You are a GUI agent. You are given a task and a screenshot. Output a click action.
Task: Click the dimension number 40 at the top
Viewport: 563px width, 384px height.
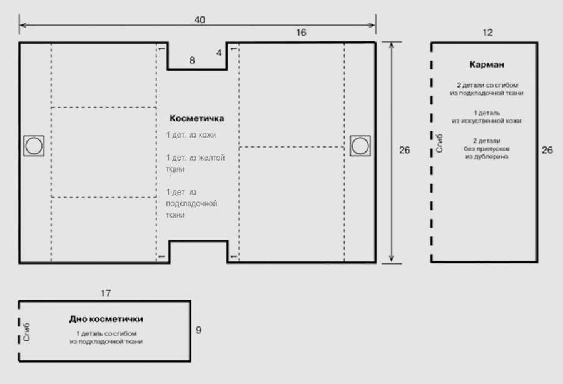(x=200, y=20)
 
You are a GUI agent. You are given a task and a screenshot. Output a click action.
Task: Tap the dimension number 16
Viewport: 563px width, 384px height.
(x=301, y=33)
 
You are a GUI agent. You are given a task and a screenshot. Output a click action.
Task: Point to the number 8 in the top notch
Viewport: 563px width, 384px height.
(x=192, y=60)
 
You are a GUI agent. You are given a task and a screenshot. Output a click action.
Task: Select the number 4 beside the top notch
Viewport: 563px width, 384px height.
(x=219, y=53)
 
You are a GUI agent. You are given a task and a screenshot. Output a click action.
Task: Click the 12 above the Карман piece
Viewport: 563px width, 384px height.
(x=487, y=33)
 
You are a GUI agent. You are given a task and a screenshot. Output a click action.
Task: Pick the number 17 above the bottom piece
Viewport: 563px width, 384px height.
(x=106, y=293)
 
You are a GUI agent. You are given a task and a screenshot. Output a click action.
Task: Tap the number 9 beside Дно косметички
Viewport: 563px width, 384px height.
(x=198, y=330)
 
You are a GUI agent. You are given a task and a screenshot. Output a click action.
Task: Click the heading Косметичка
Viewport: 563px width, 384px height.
(x=197, y=118)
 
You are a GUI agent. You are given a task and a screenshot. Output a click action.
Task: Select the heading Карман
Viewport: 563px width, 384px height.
(x=487, y=64)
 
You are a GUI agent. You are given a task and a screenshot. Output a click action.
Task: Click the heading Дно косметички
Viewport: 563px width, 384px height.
(x=106, y=319)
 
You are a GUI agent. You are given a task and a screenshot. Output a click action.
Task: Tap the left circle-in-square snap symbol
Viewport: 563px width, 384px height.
(x=34, y=146)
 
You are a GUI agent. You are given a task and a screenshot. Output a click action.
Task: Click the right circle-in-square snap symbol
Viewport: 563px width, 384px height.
(x=360, y=146)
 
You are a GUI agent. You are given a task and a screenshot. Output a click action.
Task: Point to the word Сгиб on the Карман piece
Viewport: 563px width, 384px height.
(x=439, y=143)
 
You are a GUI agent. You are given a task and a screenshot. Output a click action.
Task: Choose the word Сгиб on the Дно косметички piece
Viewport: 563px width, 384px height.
(x=26, y=332)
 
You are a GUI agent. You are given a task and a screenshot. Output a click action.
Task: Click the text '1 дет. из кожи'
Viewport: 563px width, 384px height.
(x=191, y=135)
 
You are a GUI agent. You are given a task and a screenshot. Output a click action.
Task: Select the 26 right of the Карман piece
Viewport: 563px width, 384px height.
(x=547, y=150)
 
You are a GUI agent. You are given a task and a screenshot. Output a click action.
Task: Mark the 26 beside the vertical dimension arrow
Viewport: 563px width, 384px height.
(x=404, y=150)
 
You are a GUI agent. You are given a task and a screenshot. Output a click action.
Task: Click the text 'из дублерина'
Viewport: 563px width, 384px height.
(x=487, y=157)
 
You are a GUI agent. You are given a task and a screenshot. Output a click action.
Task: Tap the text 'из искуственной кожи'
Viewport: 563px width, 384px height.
(x=487, y=121)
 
